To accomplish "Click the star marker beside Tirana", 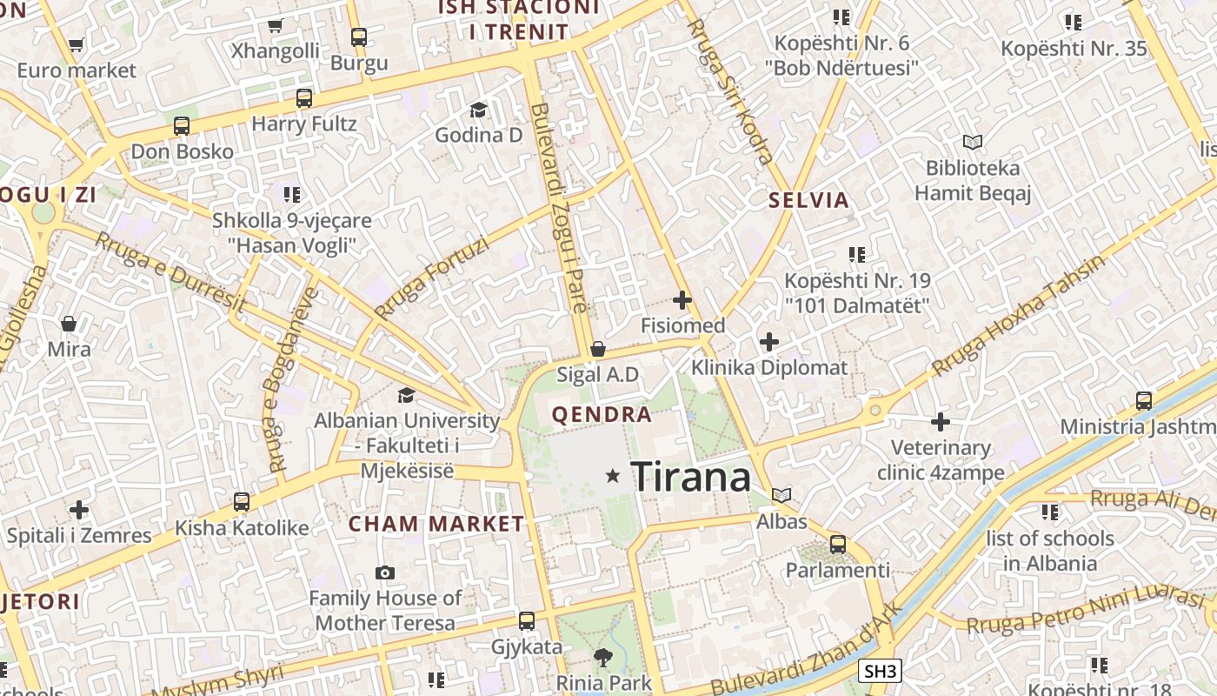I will click(x=613, y=476).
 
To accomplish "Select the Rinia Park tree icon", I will click(x=602, y=658).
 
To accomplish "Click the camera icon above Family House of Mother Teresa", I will click(x=385, y=572).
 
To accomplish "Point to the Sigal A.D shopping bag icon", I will click(x=598, y=350).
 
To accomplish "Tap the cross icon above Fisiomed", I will click(x=682, y=300).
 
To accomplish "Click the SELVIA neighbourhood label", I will click(x=808, y=200).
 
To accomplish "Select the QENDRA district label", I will click(x=602, y=414).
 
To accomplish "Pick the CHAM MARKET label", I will click(x=436, y=524).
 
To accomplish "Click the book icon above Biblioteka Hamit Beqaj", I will click(x=973, y=142).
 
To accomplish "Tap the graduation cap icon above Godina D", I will click(x=478, y=110).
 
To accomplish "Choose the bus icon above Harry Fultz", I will click(x=303, y=97).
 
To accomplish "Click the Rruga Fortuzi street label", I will click(x=431, y=278).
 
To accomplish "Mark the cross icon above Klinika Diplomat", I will click(x=768, y=342).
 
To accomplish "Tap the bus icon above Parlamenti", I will click(x=838, y=545).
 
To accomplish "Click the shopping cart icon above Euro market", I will click(x=76, y=45).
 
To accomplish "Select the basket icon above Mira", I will click(x=69, y=325).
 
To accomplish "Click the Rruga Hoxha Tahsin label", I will click(x=1018, y=315).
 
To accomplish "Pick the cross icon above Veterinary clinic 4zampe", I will click(x=941, y=423).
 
